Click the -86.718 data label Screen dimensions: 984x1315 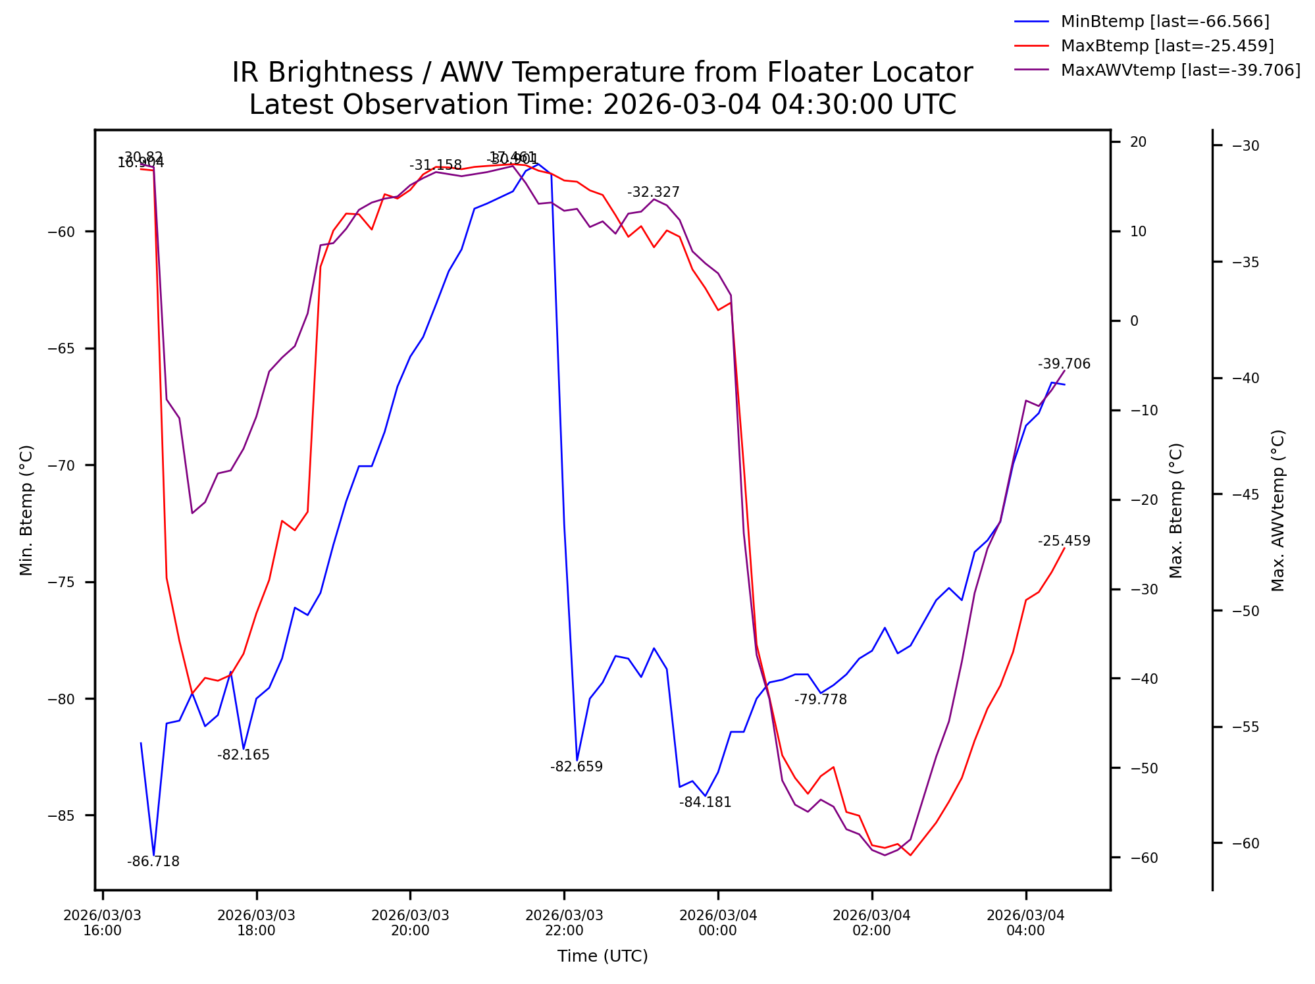(x=153, y=862)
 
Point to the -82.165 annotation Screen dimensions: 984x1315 (x=244, y=755)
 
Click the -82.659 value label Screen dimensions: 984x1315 (x=577, y=767)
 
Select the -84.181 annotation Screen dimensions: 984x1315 (x=706, y=802)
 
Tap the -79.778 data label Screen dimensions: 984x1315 (x=821, y=700)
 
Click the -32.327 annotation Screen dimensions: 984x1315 (x=654, y=192)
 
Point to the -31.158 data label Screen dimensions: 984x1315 (x=436, y=165)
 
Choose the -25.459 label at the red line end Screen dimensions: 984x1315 (x=1064, y=541)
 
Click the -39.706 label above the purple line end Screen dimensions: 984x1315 (x=1064, y=364)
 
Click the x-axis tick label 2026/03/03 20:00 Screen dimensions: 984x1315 (x=410, y=923)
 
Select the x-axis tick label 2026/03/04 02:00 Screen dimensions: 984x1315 (x=872, y=923)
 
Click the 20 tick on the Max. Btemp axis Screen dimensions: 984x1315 (x=1138, y=142)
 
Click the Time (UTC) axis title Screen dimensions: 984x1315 (x=603, y=956)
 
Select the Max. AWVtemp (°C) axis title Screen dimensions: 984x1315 (x=1278, y=511)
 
